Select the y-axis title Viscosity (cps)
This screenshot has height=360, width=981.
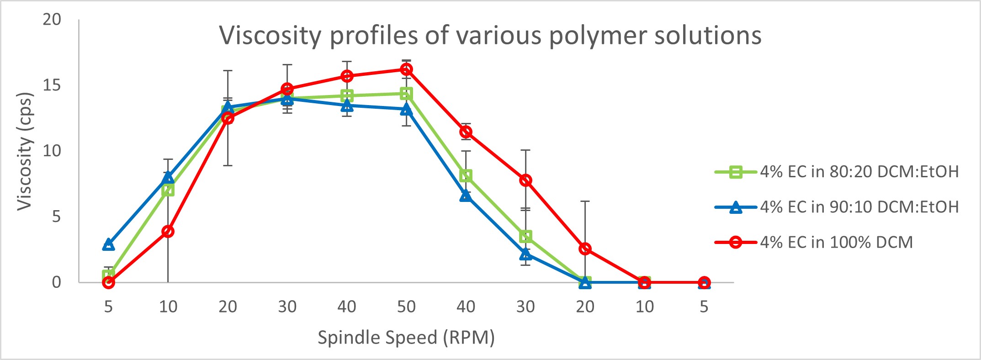[x=25, y=151]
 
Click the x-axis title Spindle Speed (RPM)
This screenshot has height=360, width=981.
[x=406, y=338]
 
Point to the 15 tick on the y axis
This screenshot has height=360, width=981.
[x=52, y=85]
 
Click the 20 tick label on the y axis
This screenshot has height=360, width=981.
[x=52, y=19]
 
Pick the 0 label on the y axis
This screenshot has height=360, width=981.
[x=56, y=282]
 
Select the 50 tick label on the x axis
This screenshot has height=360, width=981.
[x=406, y=307]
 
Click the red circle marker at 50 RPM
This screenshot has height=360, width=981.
[x=406, y=69]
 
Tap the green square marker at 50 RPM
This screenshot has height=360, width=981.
[x=406, y=94]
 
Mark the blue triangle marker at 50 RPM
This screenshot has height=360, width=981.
[x=406, y=109]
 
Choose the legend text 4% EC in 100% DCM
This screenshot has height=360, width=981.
[x=836, y=242]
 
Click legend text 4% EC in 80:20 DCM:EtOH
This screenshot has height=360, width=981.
[x=859, y=172]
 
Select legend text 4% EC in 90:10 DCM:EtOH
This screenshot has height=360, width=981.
[x=859, y=207]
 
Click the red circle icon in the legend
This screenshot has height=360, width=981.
[x=735, y=242]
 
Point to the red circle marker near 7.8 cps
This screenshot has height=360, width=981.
[x=525, y=180]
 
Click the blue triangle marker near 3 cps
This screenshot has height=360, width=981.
[x=108, y=244]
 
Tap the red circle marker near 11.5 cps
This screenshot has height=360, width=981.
[x=466, y=132]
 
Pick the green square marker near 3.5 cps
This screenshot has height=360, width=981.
[x=525, y=236]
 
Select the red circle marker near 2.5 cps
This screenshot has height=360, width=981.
[x=585, y=249]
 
